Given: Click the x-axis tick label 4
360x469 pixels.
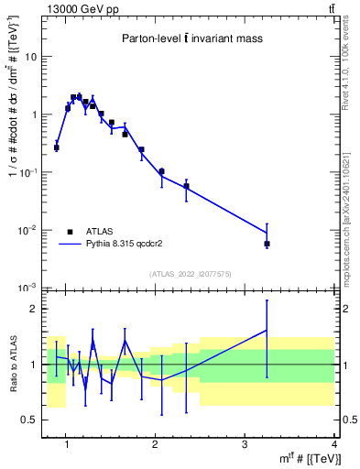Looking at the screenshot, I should tap(333, 444).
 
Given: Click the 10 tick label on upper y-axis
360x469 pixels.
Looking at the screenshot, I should tap(30, 57).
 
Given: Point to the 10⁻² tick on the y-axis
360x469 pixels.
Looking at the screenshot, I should tap(28, 230).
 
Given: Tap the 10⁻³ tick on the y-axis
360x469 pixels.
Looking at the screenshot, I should tap(28, 288).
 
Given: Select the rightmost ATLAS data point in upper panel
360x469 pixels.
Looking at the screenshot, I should tap(267, 244).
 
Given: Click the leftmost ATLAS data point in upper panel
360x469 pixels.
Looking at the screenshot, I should tap(56, 147).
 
